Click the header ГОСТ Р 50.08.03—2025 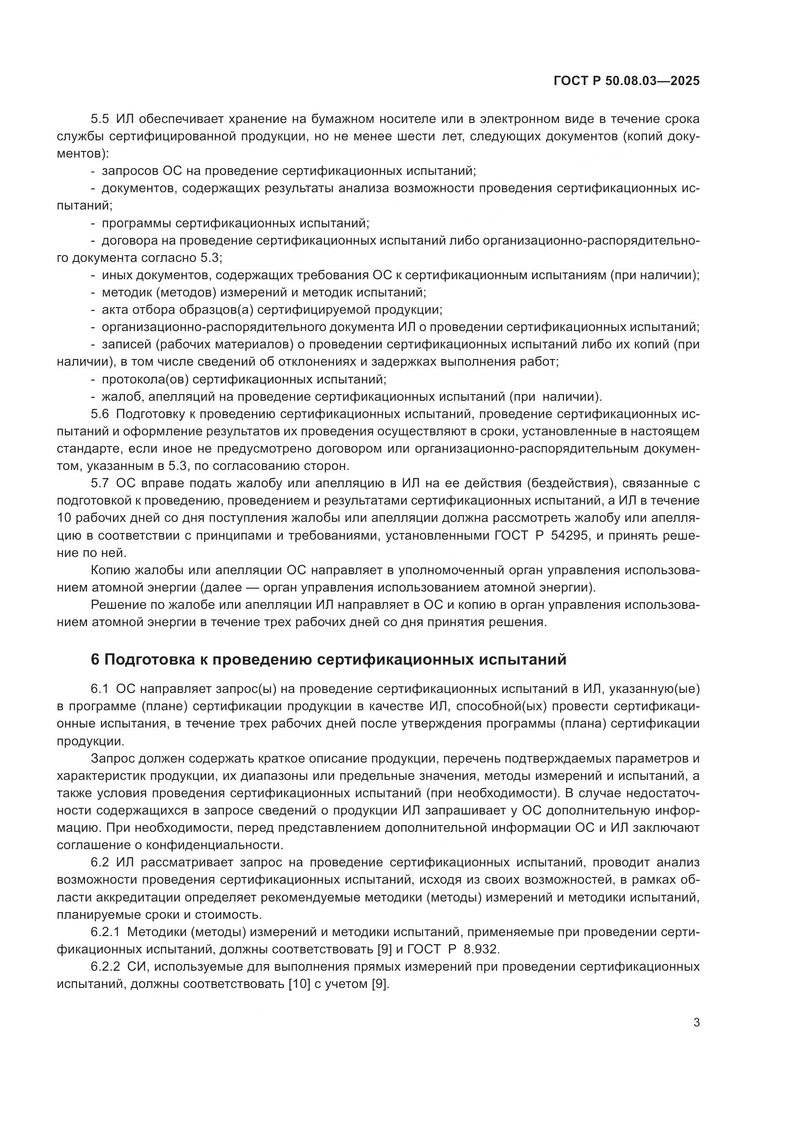(x=626, y=81)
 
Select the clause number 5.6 (x=99, y=414)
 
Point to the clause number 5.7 (x=99, y=484)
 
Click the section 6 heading (x=328, y=660)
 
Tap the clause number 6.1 (x=99, y=689)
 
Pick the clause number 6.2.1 (x=105, y=932)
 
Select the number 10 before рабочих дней (x=64, y=519)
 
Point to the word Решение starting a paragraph (x=116, y=605)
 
